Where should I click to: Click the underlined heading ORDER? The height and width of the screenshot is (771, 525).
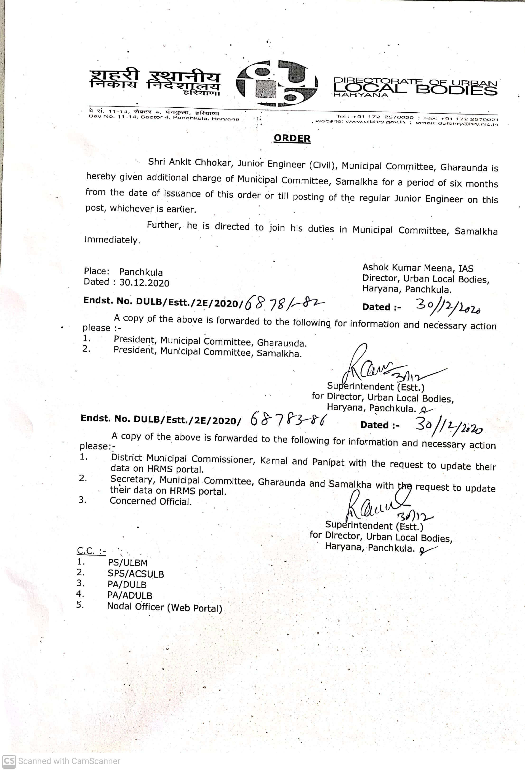pyautogui.click(x=292, y=138)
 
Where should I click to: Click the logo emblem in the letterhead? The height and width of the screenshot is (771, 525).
pyautogui.click(x=277, y=83)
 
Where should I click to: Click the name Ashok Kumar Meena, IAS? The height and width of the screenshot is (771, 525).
pyautogui.click(x=418, y=268)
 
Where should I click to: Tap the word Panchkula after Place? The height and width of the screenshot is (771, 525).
pyautogui.click(x=141, y=272)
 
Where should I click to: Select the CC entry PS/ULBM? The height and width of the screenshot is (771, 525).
pyautogui.click(x=128, y=563)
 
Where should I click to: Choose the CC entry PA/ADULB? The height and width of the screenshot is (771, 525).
pyautogui.click(x=130, y=595)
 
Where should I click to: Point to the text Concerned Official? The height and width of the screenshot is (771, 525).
pyautogui.click(x=151, y=501)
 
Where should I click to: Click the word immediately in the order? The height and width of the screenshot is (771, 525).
pyautogui.click(x=112, y=240)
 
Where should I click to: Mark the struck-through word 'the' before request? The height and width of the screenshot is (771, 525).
pyautogui.click(x=404, y=486)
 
